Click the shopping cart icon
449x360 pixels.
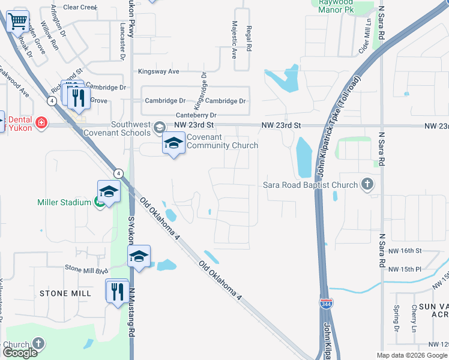(17, 22)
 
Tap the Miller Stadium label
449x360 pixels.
(63, 202)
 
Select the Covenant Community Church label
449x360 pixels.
(222, 141)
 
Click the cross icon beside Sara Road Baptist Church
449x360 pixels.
(367, 185)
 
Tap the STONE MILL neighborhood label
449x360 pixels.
(65, 293)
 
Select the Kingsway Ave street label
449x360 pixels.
(158, 71)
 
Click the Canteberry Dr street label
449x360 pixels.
(196, 115)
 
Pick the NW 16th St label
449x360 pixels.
(405, 250)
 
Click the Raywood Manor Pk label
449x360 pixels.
(335, 7)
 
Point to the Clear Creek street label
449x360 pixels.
(79, 7)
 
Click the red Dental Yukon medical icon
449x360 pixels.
(41, 123)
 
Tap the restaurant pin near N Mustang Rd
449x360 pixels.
(116, 292)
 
